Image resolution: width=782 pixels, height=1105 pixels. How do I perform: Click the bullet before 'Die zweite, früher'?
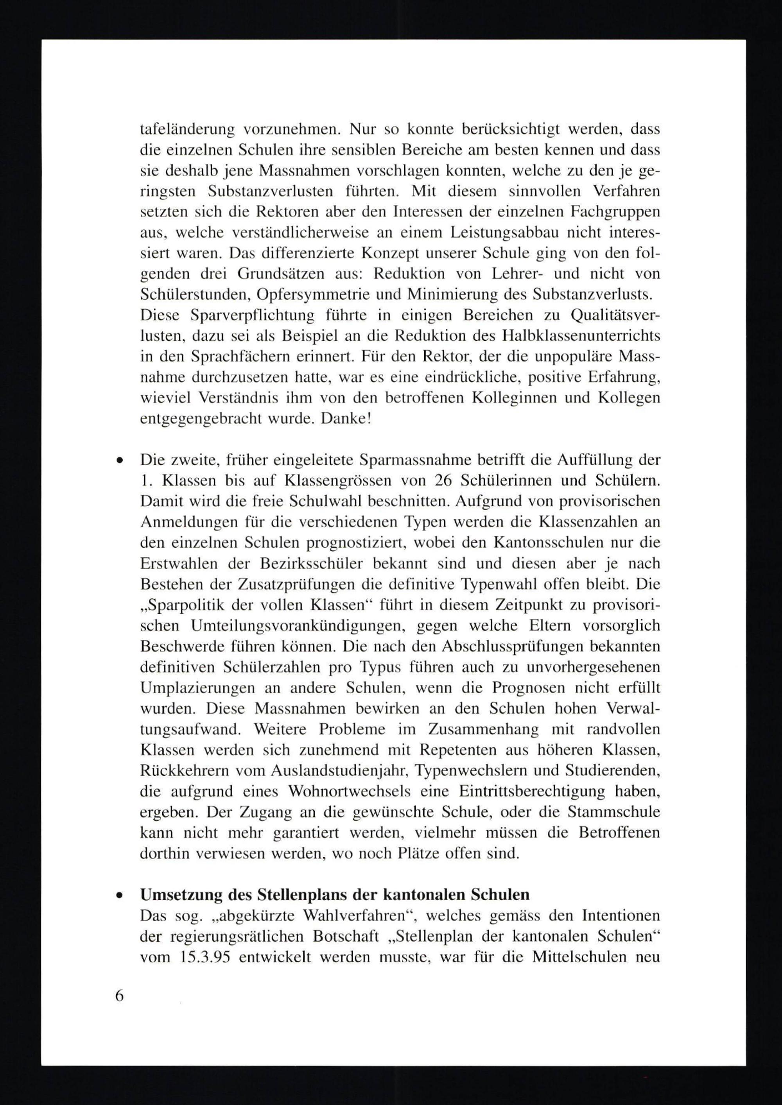click(x=117, y=460)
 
